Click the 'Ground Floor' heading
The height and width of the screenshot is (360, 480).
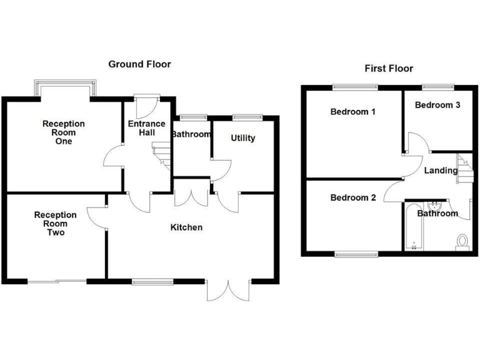click(x=139, y=64)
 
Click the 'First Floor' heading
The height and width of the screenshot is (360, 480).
click(x=389, y=69)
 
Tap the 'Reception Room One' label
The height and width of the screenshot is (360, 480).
click(x=63, y=132)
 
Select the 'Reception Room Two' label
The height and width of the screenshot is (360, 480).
click(x=56, y=224)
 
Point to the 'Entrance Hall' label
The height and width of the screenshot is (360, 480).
click(x=146, y=128)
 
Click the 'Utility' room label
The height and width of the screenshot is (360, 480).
click(x=242, y=137)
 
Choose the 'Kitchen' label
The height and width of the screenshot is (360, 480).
click(x=186, y=227)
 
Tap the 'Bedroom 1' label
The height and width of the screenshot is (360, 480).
click(x=352, y=112)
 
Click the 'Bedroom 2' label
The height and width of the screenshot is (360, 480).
click(x=353, y=198)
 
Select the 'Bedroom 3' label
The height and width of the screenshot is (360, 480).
click(x=437, y=105)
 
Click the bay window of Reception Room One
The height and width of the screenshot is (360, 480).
click(x=66, y=88)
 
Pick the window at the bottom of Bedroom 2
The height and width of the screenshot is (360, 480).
click(x=356, y=254)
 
